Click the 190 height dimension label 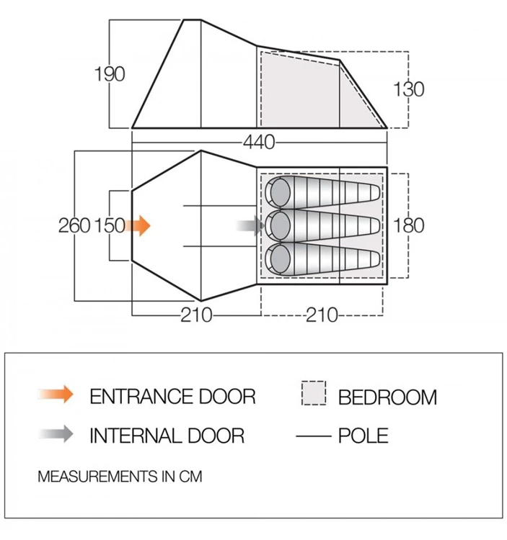pos(110,74)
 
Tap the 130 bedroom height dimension pos(409,89)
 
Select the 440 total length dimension pos(259,143)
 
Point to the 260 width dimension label pos(74,226)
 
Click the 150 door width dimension pos(110,226)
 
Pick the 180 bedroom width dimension pos(409,226)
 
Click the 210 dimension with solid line pos(197,315)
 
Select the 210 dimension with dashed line pos(322,315)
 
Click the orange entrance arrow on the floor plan pos(138,226)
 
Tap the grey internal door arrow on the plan pos(251,226)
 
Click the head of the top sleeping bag pos(280,192)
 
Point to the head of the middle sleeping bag pos(280,226)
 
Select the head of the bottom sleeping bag pos(280,260)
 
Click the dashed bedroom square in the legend pos(314,393)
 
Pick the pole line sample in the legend pos(313,436)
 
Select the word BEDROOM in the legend pos(387,397)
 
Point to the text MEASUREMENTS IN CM pos(120,477)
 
